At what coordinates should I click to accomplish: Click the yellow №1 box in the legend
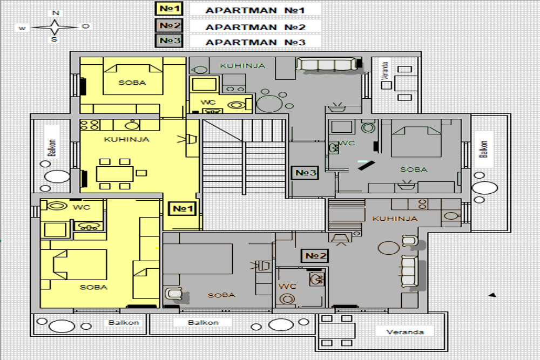[x=168, y=9]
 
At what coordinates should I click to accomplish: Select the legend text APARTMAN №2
[x=255, y=27]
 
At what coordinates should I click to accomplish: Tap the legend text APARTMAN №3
[x=255, y=42]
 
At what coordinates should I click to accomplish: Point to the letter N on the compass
[x=56, y=13]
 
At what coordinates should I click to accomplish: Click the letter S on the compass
[x=55, y=39]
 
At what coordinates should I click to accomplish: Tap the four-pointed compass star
[x=55, y=27]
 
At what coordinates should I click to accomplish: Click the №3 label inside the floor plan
[x=305, y=172]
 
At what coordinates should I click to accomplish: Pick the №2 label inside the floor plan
[x=315, y=256]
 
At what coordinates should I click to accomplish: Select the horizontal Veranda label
[x=405, y=332]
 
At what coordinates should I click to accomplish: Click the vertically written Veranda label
[x=386, y=71]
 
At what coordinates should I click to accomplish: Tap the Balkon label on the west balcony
[x=52, y=148]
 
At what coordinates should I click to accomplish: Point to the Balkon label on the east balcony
[x=483, y=149]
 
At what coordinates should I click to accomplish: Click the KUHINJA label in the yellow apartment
[x=126, y=139]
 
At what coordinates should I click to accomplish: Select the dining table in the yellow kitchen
[x=114, y=174]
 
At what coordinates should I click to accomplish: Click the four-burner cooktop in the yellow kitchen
[x=90, y=125]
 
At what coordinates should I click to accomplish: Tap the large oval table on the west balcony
[x=57, y=176]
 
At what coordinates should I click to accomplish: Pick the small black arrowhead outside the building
[x=492, y=295]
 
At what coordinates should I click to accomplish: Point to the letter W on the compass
[x=22, y=28]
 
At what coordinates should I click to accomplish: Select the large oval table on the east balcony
[x=484, y=188]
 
